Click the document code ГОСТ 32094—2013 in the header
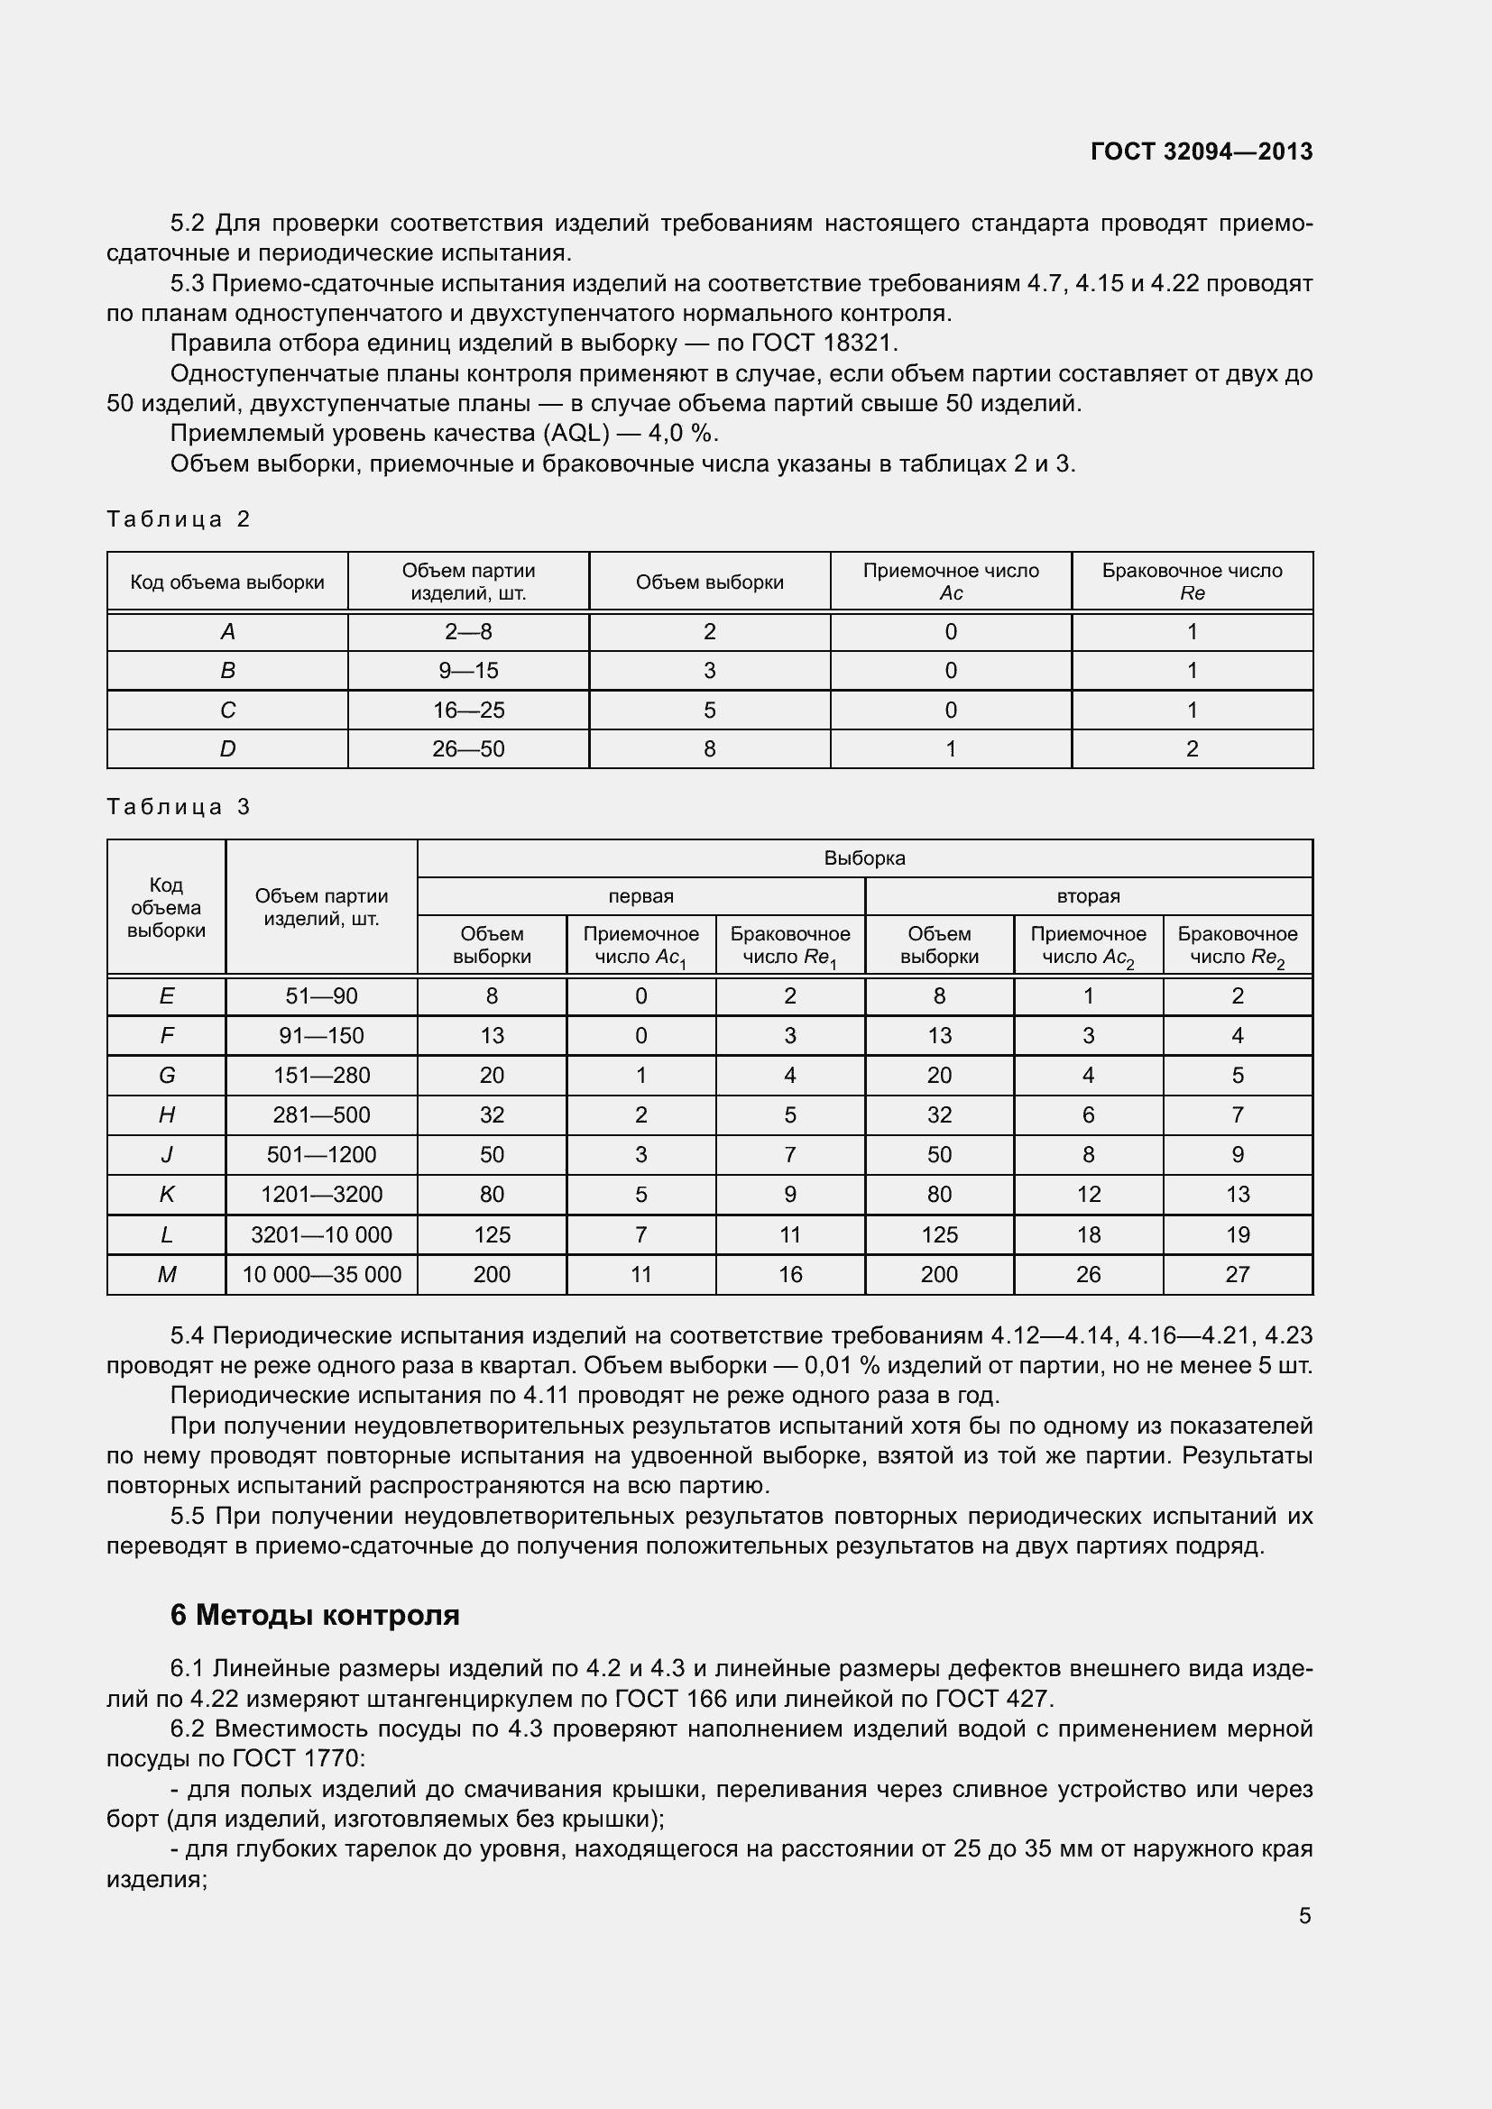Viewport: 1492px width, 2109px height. (x=1201, y=151)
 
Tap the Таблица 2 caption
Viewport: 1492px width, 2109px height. (x=179, y=519)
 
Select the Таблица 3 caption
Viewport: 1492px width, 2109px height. (x=179, y=806)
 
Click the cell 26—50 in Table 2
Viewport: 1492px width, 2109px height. (x=468, y=748)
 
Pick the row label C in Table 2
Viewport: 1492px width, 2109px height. (x=228, y=710)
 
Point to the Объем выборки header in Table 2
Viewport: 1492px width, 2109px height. (x=709, y=582)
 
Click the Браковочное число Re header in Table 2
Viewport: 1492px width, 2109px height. (x=1192, y=582)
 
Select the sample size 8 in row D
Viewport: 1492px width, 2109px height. (x=709, y=748)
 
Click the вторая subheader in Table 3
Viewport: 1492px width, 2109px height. (x=1088, y=895)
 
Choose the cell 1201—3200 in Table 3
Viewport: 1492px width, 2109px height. (x=321, y=1194)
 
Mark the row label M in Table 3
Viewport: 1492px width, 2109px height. (x=166, y=1274)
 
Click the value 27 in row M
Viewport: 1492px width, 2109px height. (x=1238, y=1274)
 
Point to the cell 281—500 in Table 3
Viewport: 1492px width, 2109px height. (x=321, y=1115)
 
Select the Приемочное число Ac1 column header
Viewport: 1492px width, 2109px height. (x=641, y=945)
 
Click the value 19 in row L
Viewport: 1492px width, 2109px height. (x=1238, y=1234)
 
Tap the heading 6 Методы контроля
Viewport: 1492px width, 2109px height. (x=314, y=1614)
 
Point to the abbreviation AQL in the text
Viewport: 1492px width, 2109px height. (x=576, y=433)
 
